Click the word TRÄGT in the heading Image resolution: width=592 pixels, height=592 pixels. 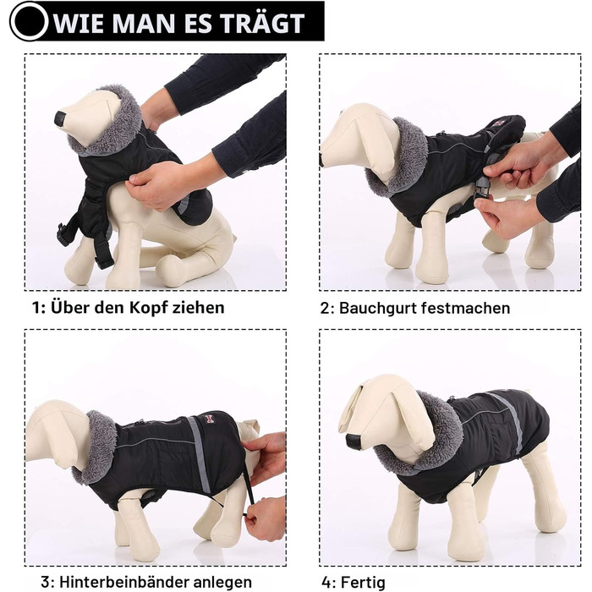tap(263, 23)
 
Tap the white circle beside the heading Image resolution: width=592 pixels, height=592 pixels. tap(30, 21)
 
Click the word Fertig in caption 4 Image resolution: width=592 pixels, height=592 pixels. tap(363, 582)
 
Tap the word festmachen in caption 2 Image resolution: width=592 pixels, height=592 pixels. tap(465, 308)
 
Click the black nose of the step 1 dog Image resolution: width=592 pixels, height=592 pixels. tap(60, 118)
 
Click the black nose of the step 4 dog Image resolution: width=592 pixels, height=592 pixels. tap(354, 441)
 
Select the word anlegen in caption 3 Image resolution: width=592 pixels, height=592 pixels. tap(222, 583)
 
